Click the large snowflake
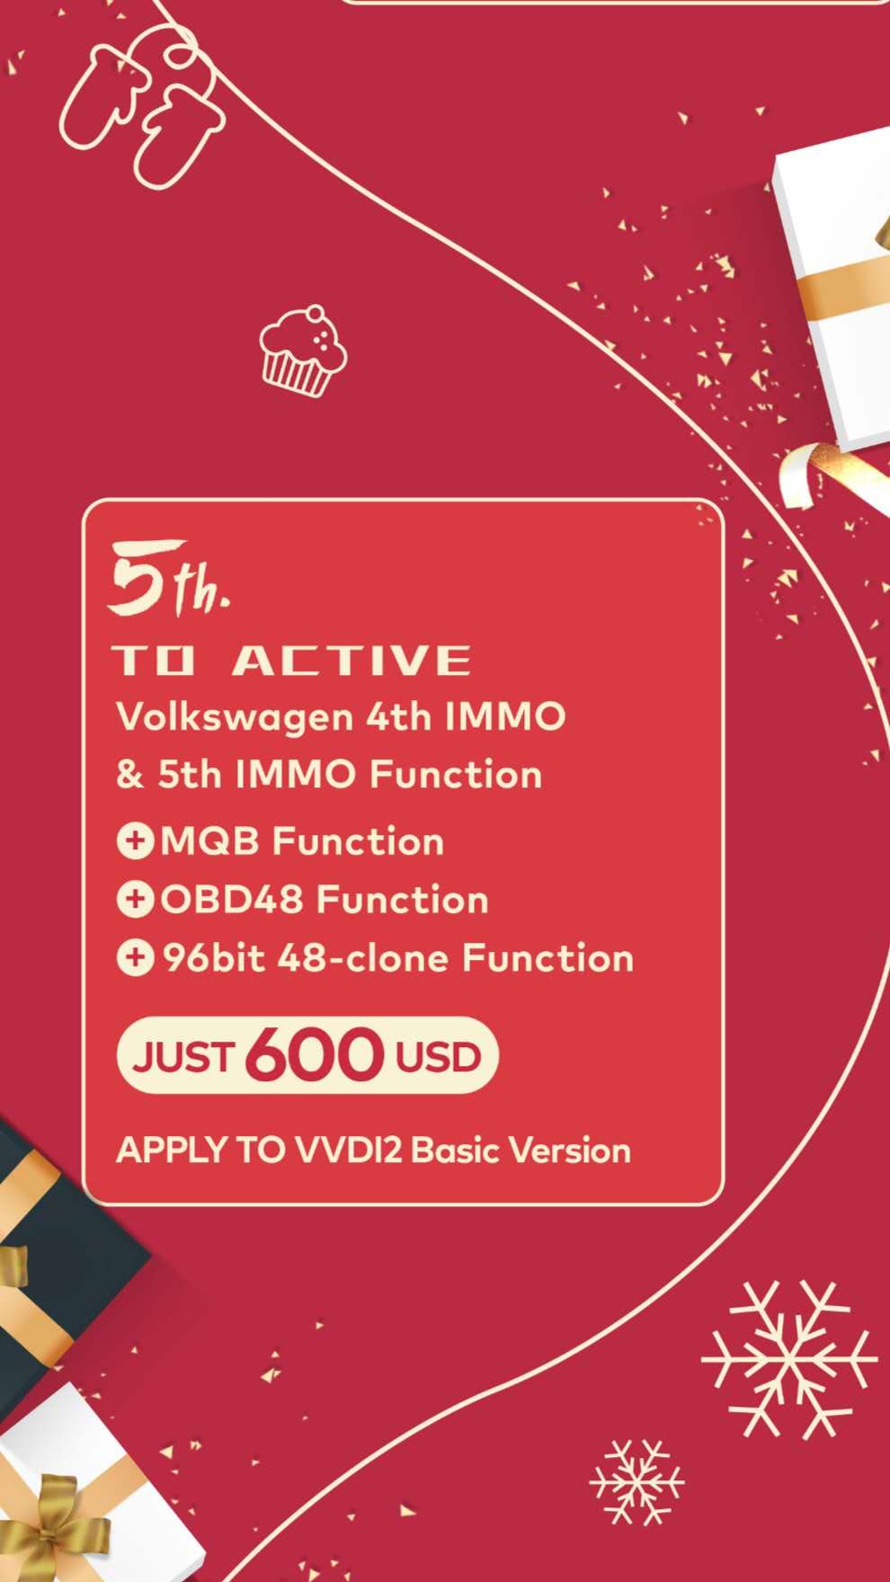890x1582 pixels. click(788, 1358)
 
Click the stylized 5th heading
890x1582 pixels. click(169, 580)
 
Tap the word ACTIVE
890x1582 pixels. click(351, 661)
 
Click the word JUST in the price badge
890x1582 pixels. click(184, 1057)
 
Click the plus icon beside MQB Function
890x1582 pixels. click(135, 841)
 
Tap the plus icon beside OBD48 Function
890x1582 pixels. click(135, 900)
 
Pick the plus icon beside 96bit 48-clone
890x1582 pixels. click(135, 958)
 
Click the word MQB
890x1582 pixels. click(209, 842)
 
